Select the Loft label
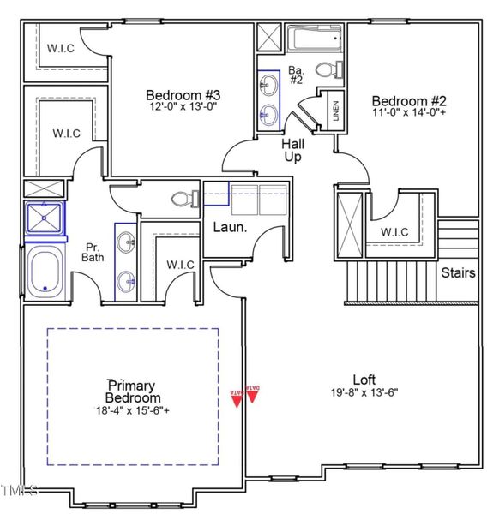[364, 380]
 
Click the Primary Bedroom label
[133, 391]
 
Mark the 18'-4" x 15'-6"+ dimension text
[133, 411]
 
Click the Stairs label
[459, 273]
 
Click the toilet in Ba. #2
[328, 69]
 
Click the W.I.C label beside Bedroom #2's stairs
[394, 232]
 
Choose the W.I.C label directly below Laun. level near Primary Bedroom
[180, 264]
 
